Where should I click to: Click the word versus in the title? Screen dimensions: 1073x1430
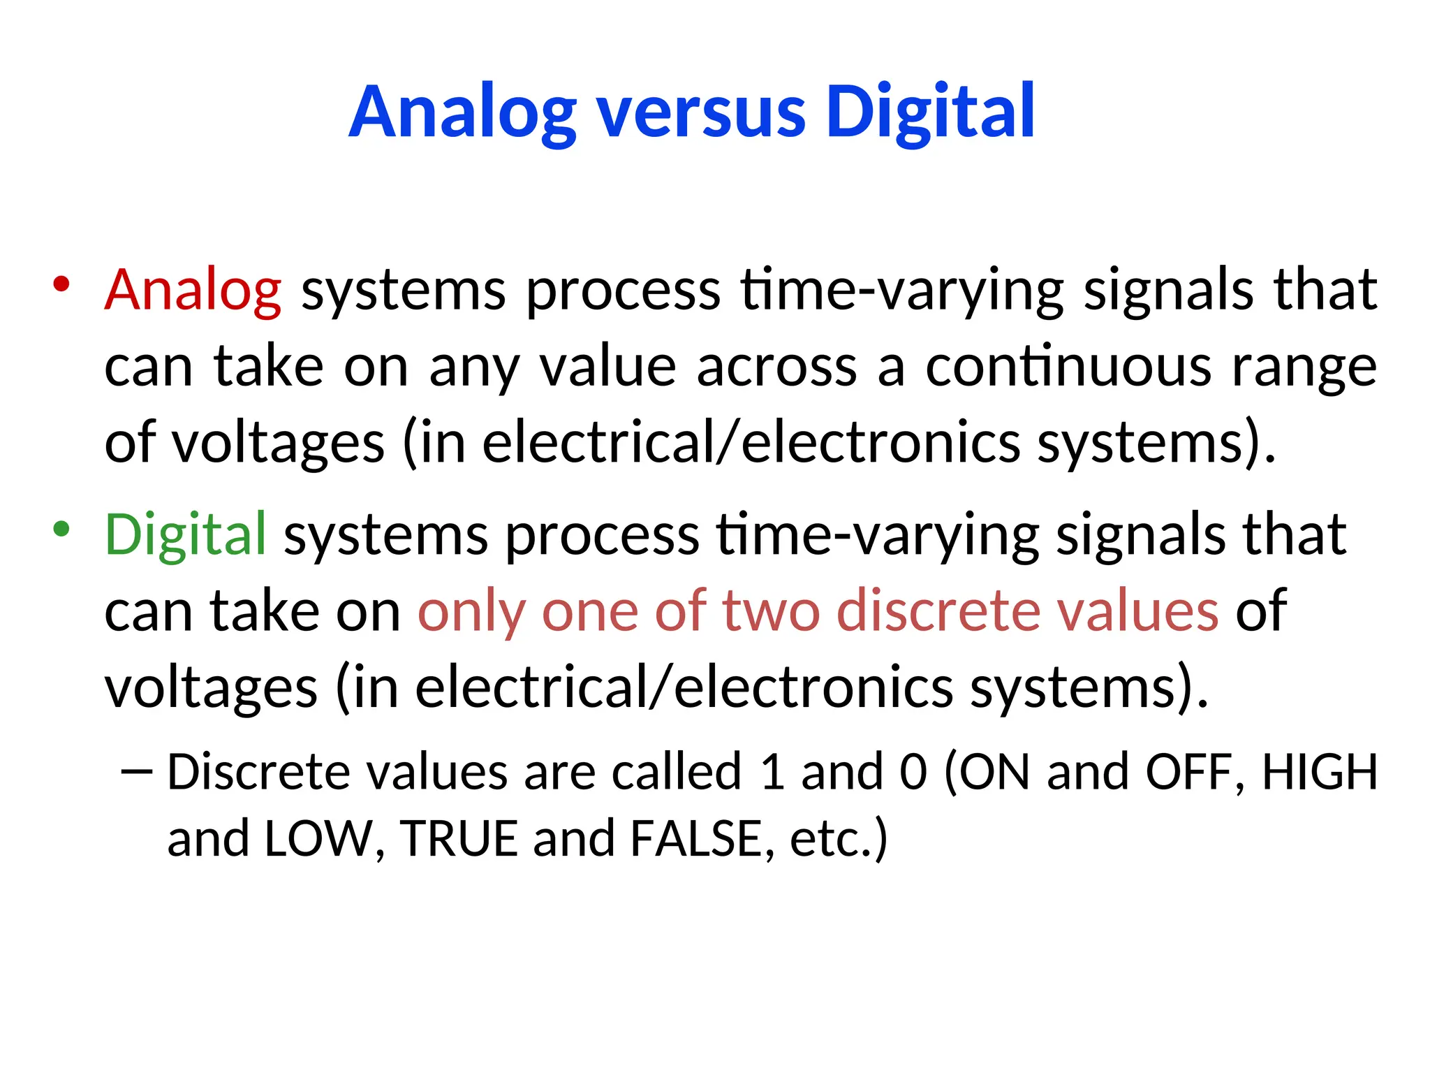point(701,112)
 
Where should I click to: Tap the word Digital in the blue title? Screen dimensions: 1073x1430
point(929,112)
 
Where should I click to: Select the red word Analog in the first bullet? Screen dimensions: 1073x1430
point(193,290)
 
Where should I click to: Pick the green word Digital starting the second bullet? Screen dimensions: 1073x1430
point(185,535)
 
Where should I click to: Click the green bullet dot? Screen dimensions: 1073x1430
point(61,529)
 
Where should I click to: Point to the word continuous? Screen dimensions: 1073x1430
point(1068,367)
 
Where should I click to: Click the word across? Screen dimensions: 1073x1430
point(776,367)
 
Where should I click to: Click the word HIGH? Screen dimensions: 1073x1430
point(1320,772)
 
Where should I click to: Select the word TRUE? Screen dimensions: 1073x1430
point(459,838)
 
